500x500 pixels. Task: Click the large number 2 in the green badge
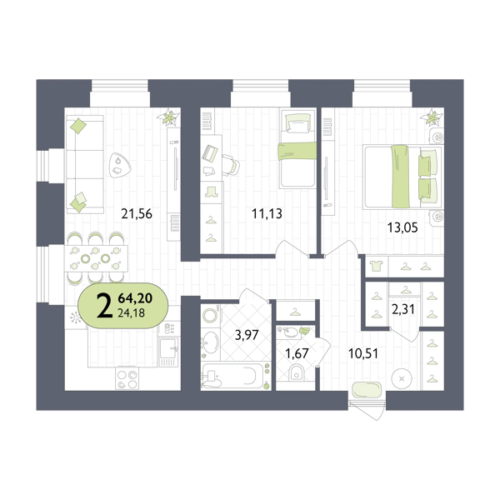(x=103, y=307)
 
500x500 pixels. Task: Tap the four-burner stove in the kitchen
(x=128, y=379)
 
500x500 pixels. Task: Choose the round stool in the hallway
(x=404, y=377)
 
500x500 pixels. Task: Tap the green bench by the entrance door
(x=365, y=388)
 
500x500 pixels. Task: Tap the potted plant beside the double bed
(x=433, y=118)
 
